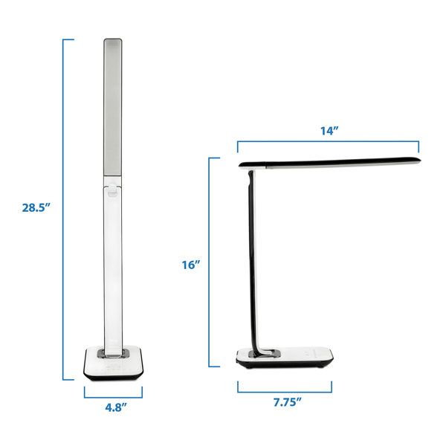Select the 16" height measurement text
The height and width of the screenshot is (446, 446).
190,265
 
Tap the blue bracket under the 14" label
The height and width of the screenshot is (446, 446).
328,143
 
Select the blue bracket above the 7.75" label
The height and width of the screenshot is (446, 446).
285,387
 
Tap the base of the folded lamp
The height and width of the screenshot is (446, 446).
285,358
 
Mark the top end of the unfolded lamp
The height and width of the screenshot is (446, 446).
112,42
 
